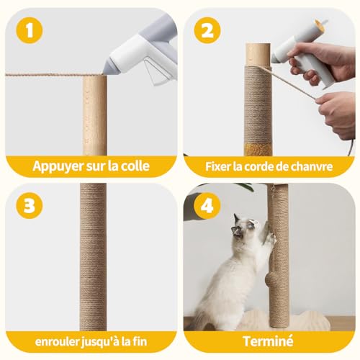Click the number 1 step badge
[30, 30]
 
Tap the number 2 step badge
[207, 30]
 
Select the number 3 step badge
[30, 204]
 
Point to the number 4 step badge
[207, 204]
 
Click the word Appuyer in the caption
[57, 166]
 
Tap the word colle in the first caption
[133, 166]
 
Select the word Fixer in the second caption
[221, 166]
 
